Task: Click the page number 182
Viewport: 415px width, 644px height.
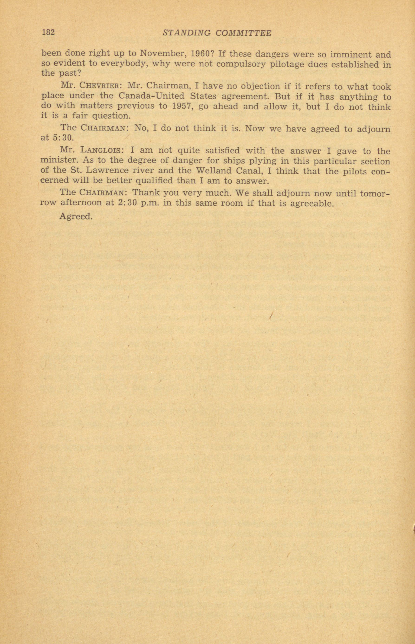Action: pos(49,32)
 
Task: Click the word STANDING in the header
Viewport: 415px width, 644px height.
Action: pos(186,33)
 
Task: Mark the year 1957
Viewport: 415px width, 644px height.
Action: pos(182,106)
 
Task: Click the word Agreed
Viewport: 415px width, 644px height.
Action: pos(76,216)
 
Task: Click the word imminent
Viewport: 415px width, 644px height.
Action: pos(350,54)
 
